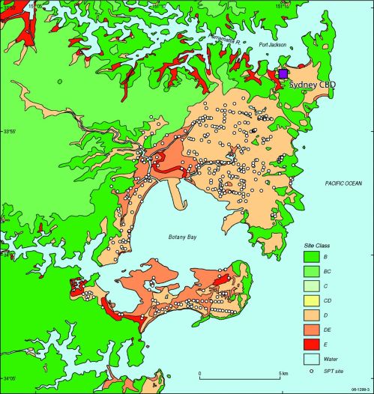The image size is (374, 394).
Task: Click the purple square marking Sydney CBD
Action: coord(283,74)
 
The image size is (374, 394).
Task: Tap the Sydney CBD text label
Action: coord(309,85)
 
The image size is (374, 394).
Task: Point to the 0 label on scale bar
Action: coord(200,374)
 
